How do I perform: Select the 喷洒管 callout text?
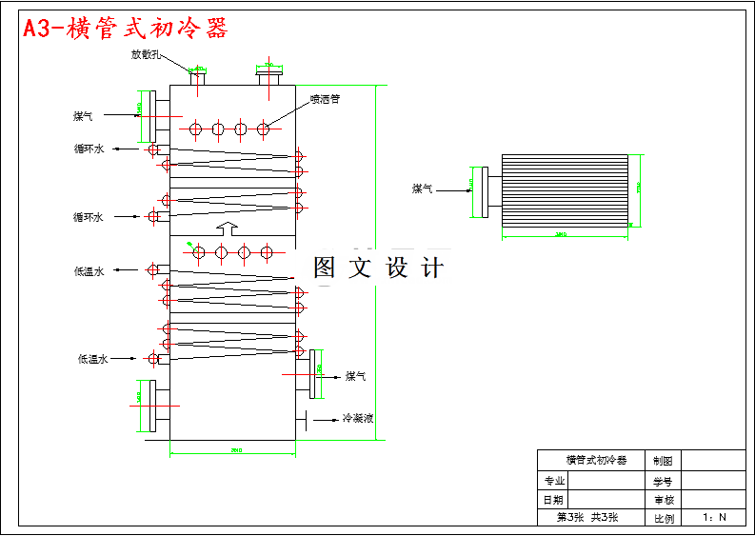point(325,97)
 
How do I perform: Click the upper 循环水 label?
point(89,149)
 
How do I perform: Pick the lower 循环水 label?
point(89,217)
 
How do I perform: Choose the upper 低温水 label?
point(89,270)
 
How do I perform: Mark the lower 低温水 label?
point(92,359)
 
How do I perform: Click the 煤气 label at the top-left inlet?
point(83,116)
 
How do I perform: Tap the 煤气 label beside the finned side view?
point(422,189)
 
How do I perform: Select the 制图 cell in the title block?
point(663,461)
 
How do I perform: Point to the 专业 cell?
point(554,481)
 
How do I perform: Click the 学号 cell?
point(663,481)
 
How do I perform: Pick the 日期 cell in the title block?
point(554,500)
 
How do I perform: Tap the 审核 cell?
point(663,500)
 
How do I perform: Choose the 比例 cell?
point(663,519)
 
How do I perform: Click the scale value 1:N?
point(714,518)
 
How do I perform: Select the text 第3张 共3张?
point(587,518)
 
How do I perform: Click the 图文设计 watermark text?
point(378,268)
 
